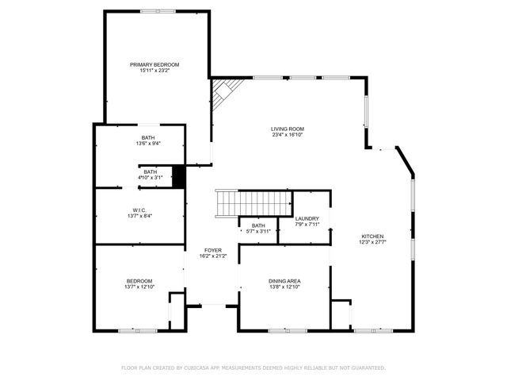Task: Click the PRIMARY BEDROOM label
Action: pyautogui.click(x=154, y=64)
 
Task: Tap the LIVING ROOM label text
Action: pyautogui.click(x=288, y=129)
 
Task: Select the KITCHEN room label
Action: pyautogui.click(x=372, y=237)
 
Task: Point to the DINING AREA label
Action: pyautogui.click(x=284, y=281)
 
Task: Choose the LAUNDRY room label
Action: pyautogui.click(x=307, y=219)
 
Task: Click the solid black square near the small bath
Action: pyautogui.click(x=178, y=176)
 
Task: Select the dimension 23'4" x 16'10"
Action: pyautogui.click(x=288, y=135)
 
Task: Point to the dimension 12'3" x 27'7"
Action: pyautogui.click(x=372, y=242)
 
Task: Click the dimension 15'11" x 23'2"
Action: pyautogui.click(x=154, y=71)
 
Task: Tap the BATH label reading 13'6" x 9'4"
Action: pyautogui.click(x=148, y=138)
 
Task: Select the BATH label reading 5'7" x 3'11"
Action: pyautogui.click(x=258, y=225)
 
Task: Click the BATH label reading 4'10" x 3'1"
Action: pyautogui.click(x=150, y=171)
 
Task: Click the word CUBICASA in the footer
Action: pyautogui.click(x=202, y=368)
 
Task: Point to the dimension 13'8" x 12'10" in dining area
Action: pyautogui.click(x=284, y=287)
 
